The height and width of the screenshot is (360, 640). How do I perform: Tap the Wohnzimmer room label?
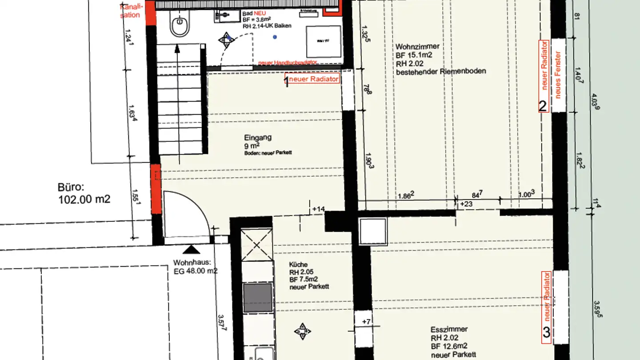click(x=417, y=46)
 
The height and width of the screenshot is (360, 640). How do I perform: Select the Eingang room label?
click(x=258, y=138)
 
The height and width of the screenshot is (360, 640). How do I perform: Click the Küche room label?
click(x=298, y=265)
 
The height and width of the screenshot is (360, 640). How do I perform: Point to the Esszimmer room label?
click(x=449, y=329)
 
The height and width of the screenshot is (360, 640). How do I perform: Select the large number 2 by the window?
click(x=543, y=106)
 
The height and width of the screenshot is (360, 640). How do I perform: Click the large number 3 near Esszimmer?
click(x=546, y=332)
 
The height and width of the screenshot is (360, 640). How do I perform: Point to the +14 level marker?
click(x=319, y=208)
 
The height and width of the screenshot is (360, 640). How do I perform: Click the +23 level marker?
click(x=466, y=204)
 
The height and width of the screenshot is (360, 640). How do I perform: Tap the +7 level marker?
click(x=366, y=321)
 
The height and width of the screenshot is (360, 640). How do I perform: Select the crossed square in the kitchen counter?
click(x=257, y=244)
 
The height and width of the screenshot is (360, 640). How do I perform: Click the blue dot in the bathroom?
click(x=275, y=37)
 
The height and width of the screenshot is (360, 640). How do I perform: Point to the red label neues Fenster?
click(x=558, y=75)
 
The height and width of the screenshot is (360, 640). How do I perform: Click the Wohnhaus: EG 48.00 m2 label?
click(x=195, y=266)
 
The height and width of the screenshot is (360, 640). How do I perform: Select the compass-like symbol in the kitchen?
click(x=302, y=331)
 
